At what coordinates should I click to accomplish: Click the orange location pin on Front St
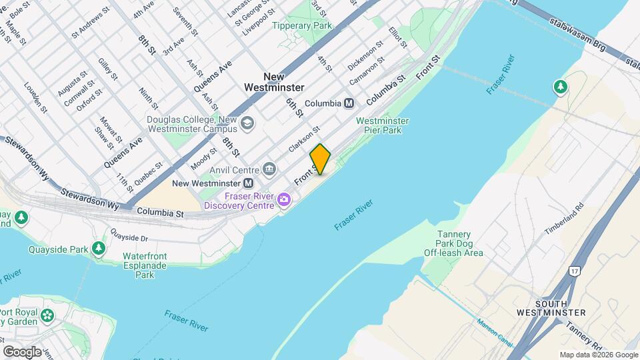click(x=320, y=159)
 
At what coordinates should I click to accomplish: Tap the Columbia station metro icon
click(x=349, y=103)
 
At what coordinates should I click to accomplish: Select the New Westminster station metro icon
click(x=248, y=183)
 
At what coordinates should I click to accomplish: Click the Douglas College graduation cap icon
click(x=247, y=123)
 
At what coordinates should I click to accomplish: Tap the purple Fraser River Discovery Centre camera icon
click(x=285, y=199)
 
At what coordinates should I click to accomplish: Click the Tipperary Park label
click(x=302, y=25)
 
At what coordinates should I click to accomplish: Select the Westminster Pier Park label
click(x=383, y=126)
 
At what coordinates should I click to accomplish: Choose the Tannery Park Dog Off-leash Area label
click(x=453, y=243)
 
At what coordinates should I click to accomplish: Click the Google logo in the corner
click(x=22, y=351)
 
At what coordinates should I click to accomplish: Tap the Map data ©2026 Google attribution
click(x=598, y=355)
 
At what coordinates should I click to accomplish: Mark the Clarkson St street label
click(x=304, y=139)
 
